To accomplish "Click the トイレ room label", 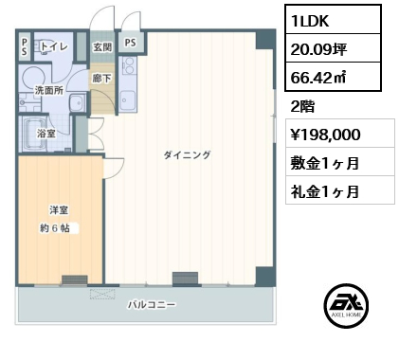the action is point(54,46).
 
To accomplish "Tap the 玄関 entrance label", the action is point(102,47).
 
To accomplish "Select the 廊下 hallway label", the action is point(101,78).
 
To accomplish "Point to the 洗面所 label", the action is point(49,91).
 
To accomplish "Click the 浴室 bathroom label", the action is point(46,134).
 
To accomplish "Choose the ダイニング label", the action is point(187,154).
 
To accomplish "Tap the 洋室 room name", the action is point(59,210).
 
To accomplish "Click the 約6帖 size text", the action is point(55,228).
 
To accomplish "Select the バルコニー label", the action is point(152,305).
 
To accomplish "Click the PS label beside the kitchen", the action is point(130,43).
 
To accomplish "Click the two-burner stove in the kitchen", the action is point(128,66).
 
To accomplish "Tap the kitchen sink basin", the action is point(128,100).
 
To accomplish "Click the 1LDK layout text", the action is point(310,21).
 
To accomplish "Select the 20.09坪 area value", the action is point(318,49).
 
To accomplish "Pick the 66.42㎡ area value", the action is point(318,78).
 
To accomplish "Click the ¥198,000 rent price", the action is point(325,135).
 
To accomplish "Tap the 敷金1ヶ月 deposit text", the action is point(325,163).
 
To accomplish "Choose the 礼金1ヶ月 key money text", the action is point(325,191).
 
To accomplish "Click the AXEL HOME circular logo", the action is point(346,305).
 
